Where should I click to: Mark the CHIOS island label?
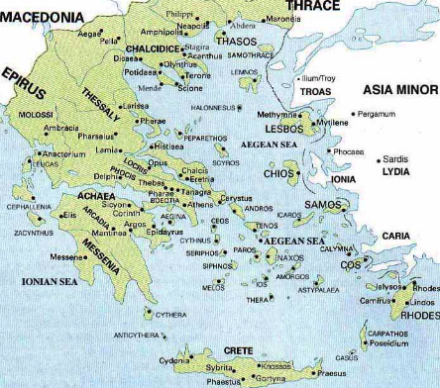coord(277,173)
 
